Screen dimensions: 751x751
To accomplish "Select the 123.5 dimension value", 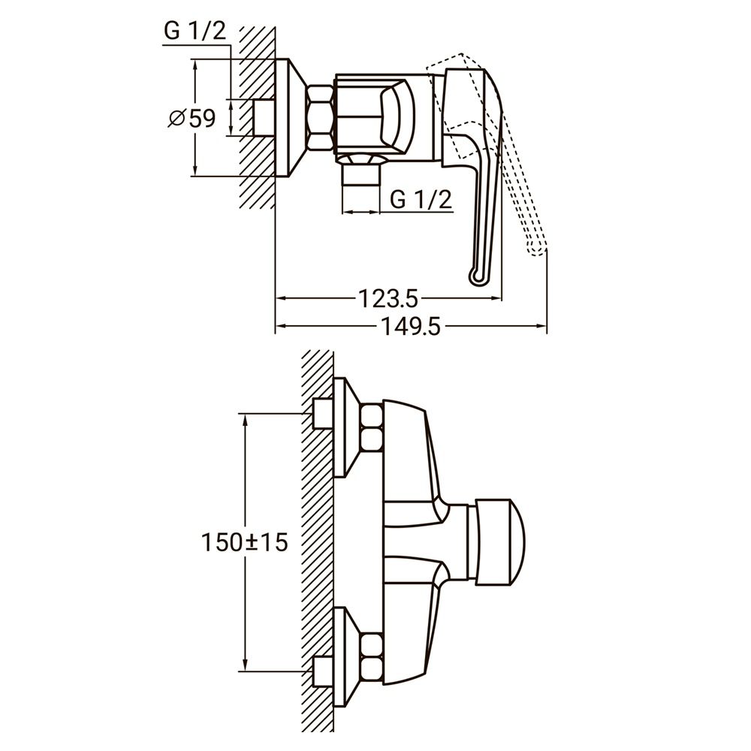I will click(387, 298).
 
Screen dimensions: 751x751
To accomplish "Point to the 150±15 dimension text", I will click(245, 541).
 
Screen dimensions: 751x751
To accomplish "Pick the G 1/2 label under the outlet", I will click(421, 200).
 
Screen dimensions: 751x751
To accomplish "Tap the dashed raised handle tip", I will click(536, 249).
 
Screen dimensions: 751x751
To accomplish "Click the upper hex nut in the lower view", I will click(372, 427).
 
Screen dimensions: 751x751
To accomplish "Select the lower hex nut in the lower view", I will click(372, 656).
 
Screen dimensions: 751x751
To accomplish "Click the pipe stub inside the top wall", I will click(264, 118).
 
